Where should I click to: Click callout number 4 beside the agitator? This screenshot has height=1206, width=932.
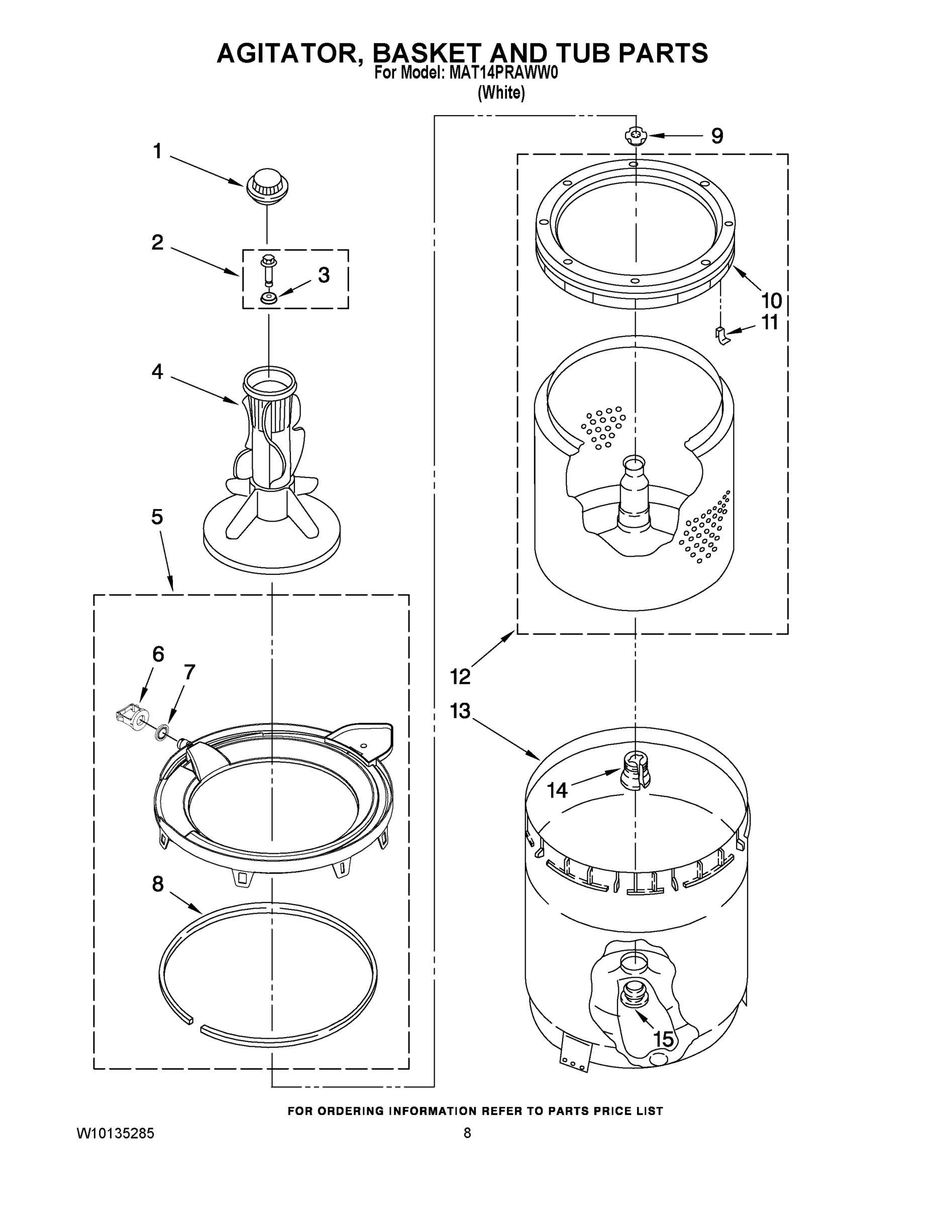pos(157,372)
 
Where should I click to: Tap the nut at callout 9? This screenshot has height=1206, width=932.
pos(636,135)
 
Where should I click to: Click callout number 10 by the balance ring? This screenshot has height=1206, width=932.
pos(771,301)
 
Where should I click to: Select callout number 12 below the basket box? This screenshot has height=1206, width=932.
pos(461,676)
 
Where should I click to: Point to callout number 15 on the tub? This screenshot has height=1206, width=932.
pos(663,1039)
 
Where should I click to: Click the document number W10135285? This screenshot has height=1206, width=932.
pos(115,1134)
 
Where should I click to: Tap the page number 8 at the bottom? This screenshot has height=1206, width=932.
pos(467,1133)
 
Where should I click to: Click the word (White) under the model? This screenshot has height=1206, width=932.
pos(501,93)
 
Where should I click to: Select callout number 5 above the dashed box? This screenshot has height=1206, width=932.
pos(157,518)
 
